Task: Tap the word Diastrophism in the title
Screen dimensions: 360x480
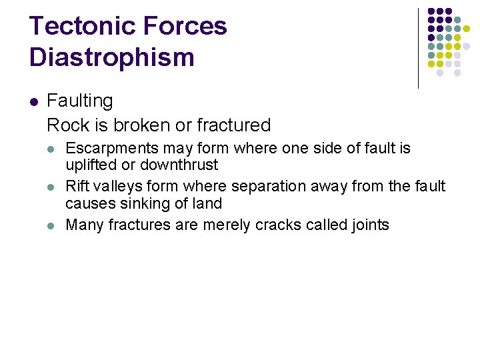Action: tap(111, 57)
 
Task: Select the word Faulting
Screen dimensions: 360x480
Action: tap(80, 101)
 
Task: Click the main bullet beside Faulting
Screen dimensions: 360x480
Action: tap(34, 102)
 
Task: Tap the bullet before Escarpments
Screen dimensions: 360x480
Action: tap(53, 149)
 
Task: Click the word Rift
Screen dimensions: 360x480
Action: tap(77, 186)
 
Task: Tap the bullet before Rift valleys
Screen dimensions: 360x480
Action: tap(53, 187)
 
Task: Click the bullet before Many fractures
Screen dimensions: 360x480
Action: tap(53, 225)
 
